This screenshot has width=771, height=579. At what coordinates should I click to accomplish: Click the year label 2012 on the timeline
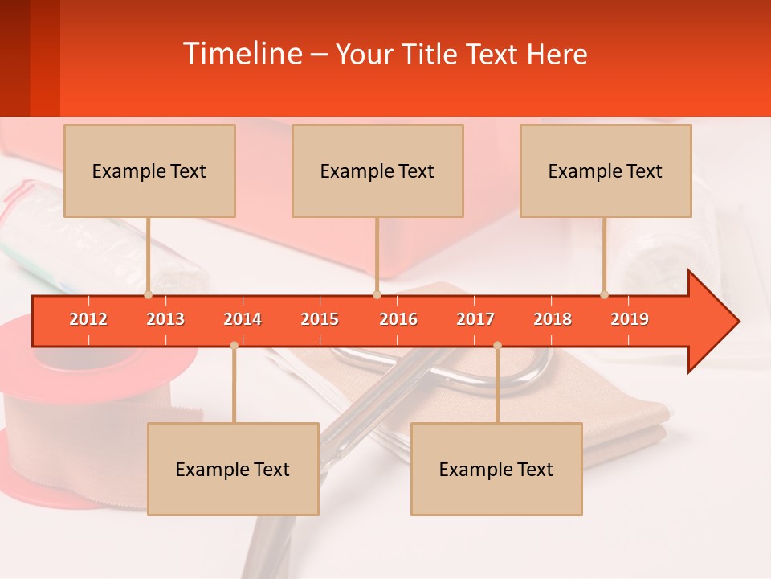pos(88,319)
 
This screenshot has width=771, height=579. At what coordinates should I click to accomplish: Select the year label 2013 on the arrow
pos(165,319)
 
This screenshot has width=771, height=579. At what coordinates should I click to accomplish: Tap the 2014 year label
pos(243,319)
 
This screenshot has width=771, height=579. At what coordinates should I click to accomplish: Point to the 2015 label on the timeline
pos(320,319)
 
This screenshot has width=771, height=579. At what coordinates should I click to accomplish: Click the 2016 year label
pos(398,319)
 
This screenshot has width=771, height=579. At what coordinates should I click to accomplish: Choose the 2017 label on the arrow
pos(475,319)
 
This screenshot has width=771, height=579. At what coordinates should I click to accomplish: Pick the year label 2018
pos(553,319)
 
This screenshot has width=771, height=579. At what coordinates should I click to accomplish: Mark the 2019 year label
pos(630,319)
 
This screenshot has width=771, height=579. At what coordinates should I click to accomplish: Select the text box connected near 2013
pos(149,170)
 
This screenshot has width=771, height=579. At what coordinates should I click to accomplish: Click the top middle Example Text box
pos(377,170)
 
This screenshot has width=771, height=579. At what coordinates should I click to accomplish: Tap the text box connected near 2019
pos(606,170)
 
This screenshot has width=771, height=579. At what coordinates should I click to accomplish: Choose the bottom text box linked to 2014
pos(233,469)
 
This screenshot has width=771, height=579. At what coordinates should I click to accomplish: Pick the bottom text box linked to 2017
pos(496,469)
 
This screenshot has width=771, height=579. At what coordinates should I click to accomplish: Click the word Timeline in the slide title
pos(241,54)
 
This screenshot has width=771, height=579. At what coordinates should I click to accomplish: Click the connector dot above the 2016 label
pos(377,294)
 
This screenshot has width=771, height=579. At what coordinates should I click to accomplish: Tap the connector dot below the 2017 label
pos(497,345)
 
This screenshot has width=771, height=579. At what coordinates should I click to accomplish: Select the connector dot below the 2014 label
pos(234,345)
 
